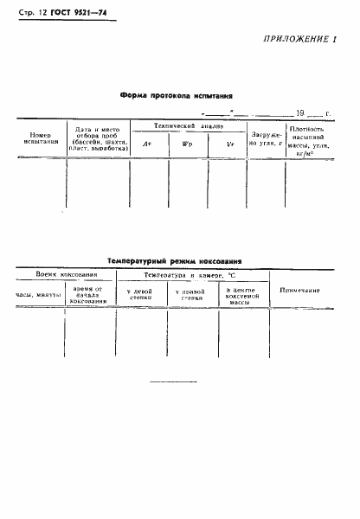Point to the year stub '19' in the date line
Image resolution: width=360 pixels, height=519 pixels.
(299, 112)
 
